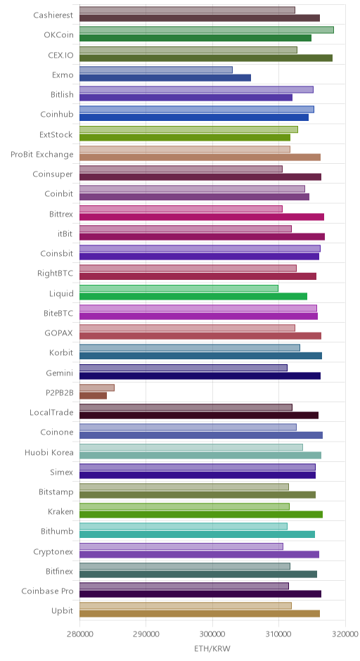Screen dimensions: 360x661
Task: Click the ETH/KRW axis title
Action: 212,648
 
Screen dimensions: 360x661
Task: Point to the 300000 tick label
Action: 212,634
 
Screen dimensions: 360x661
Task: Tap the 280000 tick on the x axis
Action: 79,634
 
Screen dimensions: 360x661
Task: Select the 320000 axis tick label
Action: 345,634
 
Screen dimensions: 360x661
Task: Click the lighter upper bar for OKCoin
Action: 207,30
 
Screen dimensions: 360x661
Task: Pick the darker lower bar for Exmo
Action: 165,77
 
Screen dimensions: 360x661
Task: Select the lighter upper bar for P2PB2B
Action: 97,388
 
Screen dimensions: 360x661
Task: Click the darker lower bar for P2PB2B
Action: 93,395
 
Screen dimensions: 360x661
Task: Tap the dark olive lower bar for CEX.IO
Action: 206,58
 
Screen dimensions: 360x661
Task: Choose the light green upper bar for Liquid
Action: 179,288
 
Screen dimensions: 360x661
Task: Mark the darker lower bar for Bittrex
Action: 202,217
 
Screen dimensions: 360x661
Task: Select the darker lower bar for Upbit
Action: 200,613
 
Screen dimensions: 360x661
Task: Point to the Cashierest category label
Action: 53,15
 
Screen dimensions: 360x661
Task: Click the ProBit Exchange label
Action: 42,154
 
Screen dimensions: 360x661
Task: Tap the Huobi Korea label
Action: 49,452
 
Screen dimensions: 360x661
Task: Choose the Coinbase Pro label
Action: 48,591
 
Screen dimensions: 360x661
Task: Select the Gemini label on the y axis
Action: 60,373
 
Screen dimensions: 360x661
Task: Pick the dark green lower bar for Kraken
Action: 201,514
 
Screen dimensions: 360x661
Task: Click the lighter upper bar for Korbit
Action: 190,348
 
